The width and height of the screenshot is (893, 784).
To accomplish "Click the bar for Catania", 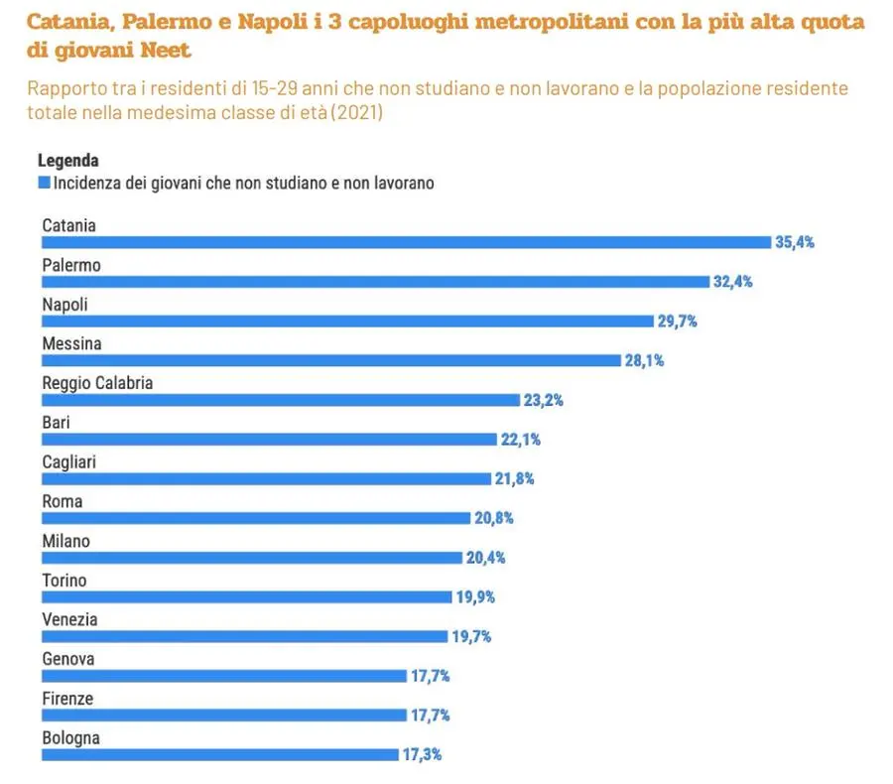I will [406, 242].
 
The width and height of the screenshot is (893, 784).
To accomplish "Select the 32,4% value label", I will [732, 282].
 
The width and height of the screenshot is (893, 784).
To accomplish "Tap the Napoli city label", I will [64, 305].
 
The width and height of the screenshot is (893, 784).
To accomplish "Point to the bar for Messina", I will [330, 360].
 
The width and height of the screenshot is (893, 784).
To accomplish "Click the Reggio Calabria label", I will [97, 383].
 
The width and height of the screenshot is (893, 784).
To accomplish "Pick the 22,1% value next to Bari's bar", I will [520, 440].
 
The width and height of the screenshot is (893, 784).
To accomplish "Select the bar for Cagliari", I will [266, 478].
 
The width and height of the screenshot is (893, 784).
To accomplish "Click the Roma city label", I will [62, 501].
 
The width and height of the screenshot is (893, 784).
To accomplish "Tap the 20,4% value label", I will [485, 558].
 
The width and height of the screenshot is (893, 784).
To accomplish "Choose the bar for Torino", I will [246, 596].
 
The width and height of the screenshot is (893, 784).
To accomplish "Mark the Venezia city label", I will [69, 619].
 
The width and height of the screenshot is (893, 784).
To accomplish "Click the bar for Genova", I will [224, 676].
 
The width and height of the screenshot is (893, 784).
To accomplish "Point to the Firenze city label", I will [67, 699].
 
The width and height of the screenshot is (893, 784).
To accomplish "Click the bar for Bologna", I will [219, 754].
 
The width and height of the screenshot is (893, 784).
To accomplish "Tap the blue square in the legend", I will [44, 183].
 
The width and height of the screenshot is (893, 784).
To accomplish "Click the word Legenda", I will [67, 161].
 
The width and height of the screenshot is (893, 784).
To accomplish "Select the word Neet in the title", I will [161, 50].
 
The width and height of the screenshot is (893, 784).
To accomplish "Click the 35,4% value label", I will [795, 242].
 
